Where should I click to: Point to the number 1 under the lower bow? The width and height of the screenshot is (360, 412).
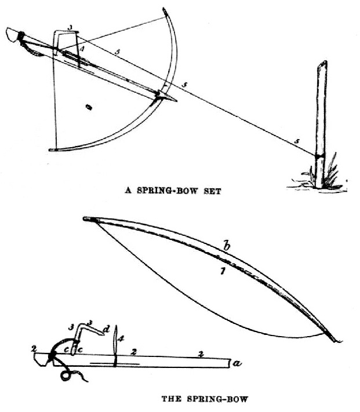coord(222,269)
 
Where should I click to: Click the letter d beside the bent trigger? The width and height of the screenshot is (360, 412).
coord(105,330)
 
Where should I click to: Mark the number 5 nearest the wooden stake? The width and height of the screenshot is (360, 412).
coord(297,141)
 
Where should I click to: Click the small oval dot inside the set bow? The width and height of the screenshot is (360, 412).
coord(89,107)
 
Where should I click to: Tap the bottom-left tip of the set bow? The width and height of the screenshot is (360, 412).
coord(52,150)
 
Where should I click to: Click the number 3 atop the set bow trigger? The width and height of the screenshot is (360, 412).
coord(70,27)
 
